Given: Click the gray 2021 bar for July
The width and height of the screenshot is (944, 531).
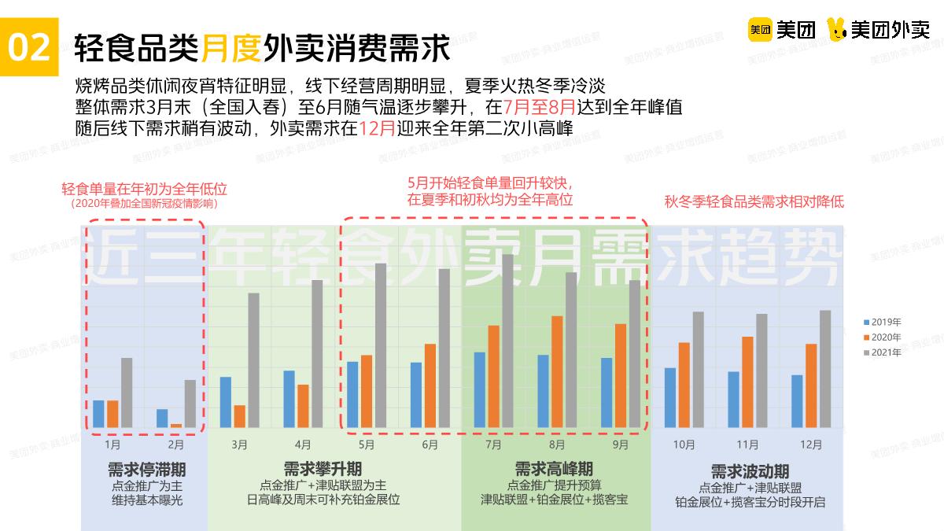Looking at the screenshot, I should coord(507,341).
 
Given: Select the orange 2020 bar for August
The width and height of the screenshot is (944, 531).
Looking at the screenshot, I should coord(557,371).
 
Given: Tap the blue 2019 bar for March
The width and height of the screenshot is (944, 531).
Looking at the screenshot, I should coord(226,402).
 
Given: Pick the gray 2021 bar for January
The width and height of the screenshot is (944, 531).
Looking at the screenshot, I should coord(127,393).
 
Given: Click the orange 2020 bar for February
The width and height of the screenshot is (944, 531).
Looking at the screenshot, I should coord(175,426).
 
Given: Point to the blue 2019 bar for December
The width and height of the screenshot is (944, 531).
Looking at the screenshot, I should coord(797,401).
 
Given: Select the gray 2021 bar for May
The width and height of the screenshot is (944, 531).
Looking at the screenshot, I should coord(380,345).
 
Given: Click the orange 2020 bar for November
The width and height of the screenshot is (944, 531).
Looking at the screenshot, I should coord(747,382).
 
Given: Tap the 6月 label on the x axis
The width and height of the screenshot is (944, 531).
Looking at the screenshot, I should coord(430,444).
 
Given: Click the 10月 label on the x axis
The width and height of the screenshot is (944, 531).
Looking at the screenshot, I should coord(684,444).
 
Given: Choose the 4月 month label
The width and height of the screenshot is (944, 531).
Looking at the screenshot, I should coord(303,444).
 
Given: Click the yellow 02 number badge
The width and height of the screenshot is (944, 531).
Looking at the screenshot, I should coord(29,48).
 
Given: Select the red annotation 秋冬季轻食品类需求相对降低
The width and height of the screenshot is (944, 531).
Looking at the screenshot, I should coord(754,201).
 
